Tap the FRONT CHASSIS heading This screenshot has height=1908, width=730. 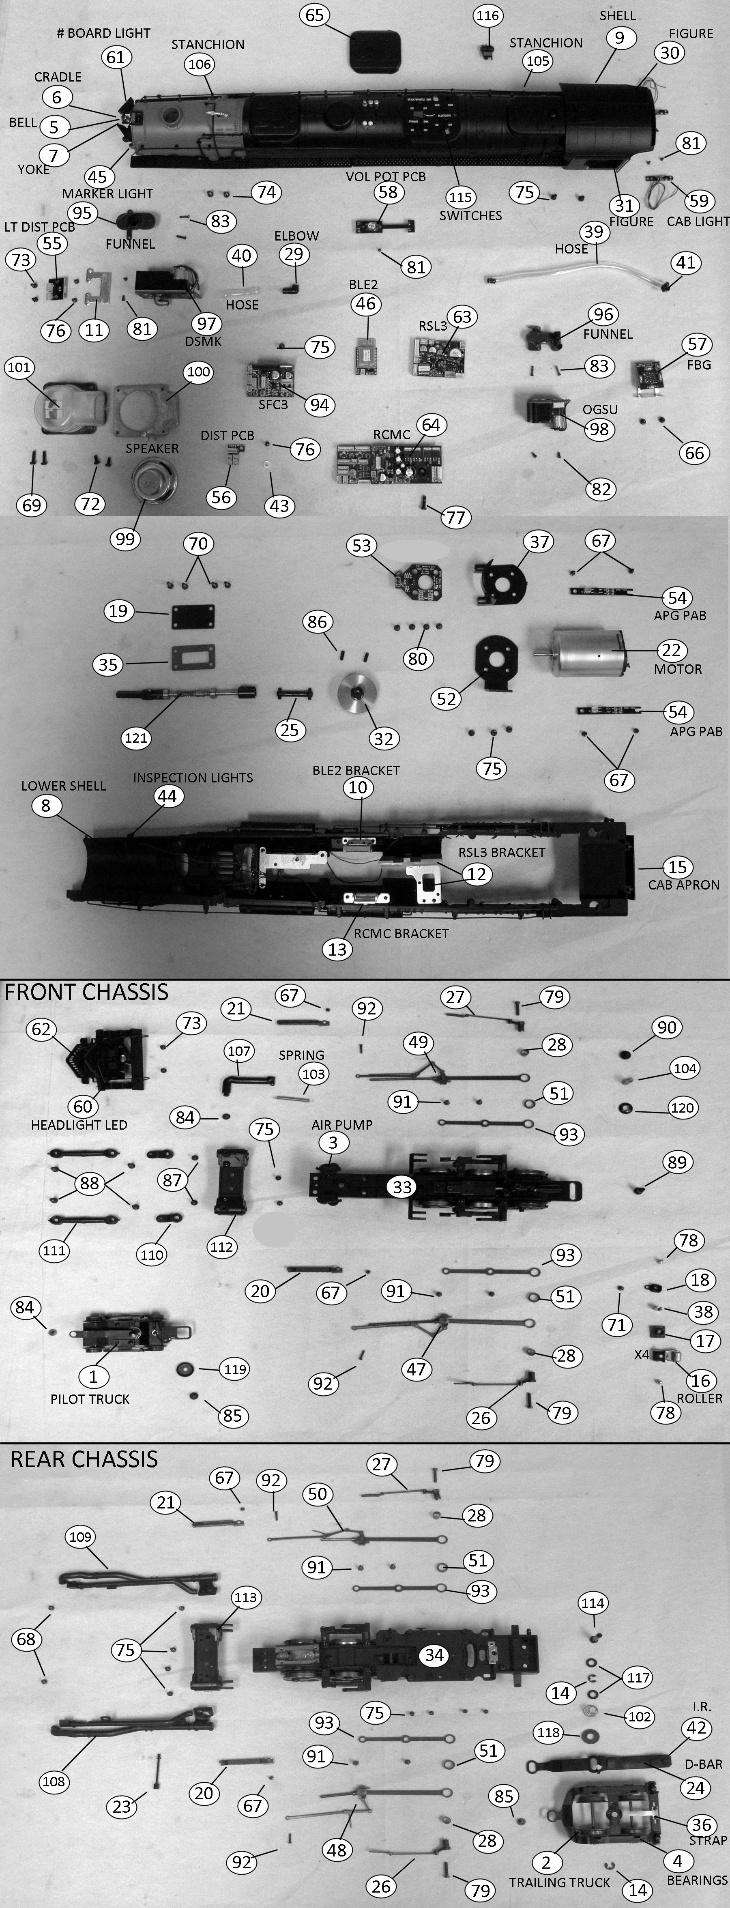87,992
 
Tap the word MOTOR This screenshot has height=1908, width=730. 677,669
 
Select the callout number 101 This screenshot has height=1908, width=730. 19,367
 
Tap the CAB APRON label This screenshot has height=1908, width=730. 683,884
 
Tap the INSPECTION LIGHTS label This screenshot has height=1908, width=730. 193,778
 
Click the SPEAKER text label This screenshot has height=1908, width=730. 152,448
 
